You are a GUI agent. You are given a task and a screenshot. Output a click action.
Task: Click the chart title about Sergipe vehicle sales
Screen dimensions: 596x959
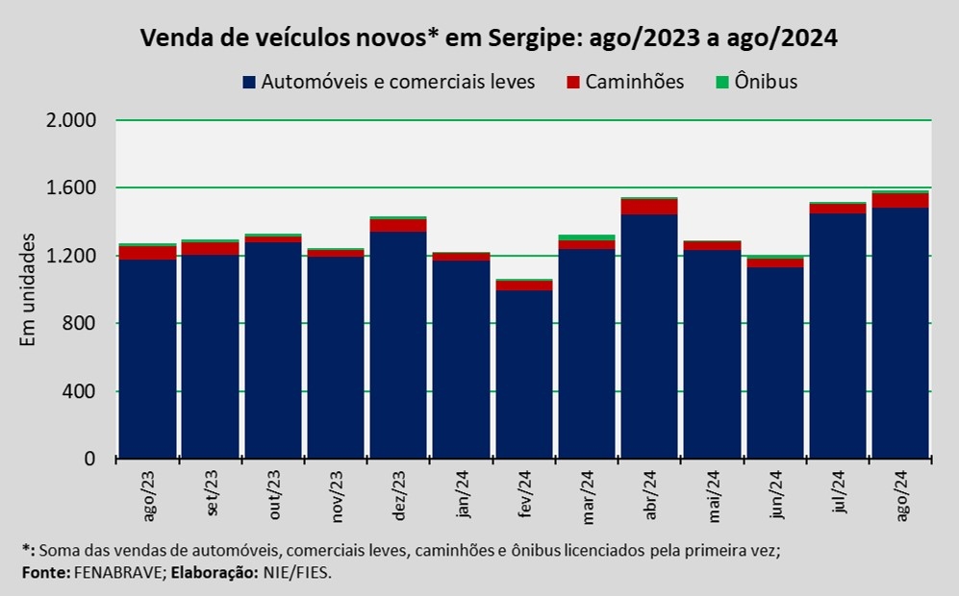pos(489,38)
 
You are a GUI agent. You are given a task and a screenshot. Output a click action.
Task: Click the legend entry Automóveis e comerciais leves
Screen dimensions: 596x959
pos(396,82)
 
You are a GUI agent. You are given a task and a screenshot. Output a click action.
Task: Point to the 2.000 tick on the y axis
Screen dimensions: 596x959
pos(72,120)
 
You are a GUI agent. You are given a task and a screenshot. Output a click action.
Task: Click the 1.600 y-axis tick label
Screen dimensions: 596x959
pos(72,188)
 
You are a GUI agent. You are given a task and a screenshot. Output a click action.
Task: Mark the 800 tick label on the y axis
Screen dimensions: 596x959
pos(82,324)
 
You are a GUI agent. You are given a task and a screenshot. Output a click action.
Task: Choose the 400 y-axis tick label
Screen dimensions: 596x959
pos(82,391)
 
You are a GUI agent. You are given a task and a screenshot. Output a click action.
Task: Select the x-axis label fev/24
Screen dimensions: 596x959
pos(524,494)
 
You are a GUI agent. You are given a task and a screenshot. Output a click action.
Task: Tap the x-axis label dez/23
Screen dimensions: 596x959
pos(399,495)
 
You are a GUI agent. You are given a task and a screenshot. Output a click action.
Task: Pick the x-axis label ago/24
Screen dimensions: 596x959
pos(900,495)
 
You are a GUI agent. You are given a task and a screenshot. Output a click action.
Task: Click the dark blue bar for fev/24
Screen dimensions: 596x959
pos(524,375)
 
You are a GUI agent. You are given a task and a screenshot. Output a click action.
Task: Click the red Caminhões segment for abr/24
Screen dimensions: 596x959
pos(649,207)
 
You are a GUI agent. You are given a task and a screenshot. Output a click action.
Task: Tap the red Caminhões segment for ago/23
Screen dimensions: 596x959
pos(148,253)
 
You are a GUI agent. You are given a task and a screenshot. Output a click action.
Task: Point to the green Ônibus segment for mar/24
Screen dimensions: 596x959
pos(587,237)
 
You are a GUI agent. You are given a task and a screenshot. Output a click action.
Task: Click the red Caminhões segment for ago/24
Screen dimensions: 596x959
pos(900,201)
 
